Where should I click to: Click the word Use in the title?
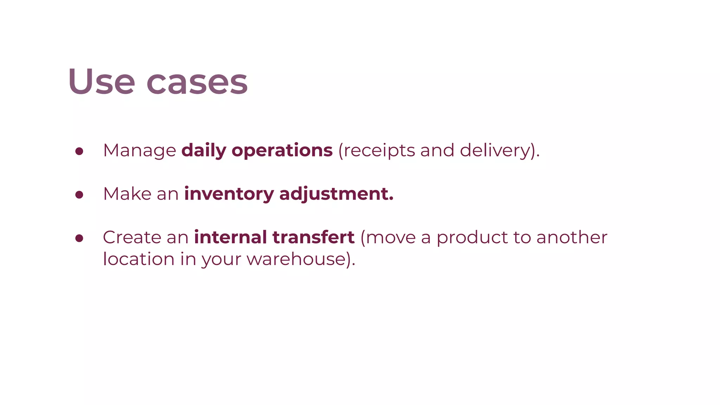102,82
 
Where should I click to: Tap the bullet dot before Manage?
79,151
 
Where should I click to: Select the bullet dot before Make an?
79,194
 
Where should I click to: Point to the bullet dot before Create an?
79,238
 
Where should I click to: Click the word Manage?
140,150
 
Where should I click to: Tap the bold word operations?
282,150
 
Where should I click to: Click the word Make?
127,194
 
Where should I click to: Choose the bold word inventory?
229,194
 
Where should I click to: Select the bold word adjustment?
334,194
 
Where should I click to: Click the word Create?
132,237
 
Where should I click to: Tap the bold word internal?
230,237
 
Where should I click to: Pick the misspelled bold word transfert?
313,237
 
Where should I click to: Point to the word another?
572,237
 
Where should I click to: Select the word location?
139,259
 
